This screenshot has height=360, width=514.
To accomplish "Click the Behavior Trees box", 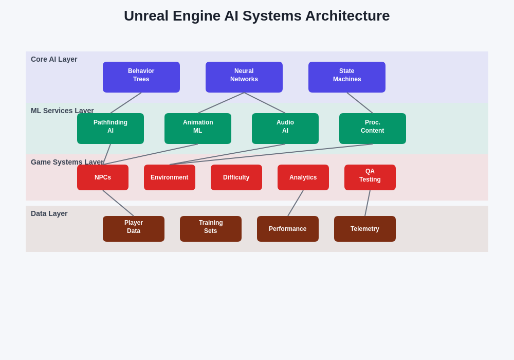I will [141, 77].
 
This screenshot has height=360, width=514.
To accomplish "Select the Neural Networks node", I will [244, 77].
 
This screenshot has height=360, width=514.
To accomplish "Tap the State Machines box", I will [347, 77].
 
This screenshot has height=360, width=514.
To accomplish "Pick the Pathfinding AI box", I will [111, 129].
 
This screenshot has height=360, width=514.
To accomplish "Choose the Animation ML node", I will [198, 129].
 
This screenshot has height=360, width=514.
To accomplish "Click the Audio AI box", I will [285, 129].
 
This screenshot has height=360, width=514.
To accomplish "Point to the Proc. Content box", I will [373, 129].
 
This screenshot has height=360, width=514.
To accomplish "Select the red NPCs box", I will [103, 177].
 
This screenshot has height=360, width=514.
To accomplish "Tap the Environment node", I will [170, 177].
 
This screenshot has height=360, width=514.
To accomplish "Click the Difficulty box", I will [236, 177].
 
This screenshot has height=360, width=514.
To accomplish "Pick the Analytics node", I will [303, 177].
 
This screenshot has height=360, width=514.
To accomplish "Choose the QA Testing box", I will [370, 177].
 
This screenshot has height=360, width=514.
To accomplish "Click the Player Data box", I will [134, 229].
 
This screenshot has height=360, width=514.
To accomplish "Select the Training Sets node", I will [211, 229].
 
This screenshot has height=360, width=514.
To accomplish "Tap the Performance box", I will [288, 229].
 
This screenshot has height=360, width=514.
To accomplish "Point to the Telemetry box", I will [365, 229].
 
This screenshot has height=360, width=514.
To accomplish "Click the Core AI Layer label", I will [54, 59].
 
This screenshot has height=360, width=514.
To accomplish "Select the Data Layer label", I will [49, 213].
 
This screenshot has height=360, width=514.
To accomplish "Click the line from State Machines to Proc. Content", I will [360, 103].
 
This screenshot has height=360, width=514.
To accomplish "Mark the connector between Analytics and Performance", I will [296, 203].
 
